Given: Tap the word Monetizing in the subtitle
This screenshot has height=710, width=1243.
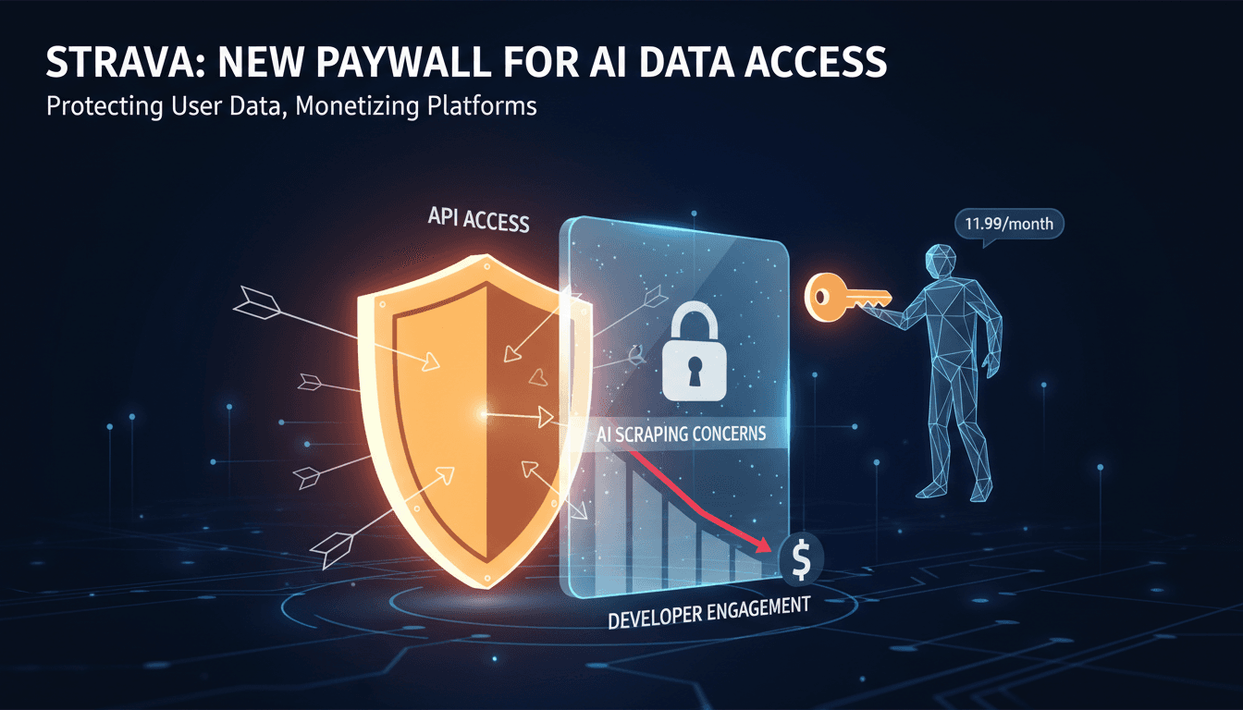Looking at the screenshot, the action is tap(357, 106).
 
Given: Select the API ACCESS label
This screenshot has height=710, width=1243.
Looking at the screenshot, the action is tap(478, 220).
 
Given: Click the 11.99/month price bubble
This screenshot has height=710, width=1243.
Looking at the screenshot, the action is tap(1009, 224).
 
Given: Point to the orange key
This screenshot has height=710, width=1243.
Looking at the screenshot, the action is tap(847, 298).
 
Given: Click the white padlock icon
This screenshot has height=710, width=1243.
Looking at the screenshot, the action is tap(695, 351).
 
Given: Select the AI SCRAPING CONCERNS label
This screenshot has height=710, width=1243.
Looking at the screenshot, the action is tap(682, 434).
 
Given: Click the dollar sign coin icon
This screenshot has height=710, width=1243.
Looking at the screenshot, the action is tap(801, 559).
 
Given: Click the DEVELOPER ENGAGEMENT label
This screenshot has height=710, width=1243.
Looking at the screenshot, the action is tap(709, 612).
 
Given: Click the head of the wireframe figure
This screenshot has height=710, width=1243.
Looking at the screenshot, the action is tap(940, 261).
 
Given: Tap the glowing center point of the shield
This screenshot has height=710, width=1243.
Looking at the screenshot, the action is tap(483, 414).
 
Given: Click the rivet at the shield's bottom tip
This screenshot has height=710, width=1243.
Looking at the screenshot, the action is tap(486, 578).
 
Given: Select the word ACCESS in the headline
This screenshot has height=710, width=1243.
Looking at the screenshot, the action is tap(815, 62).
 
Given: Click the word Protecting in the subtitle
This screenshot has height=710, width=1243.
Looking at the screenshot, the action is tap(105, 106).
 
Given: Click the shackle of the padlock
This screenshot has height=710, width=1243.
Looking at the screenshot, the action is tap(695, 321).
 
